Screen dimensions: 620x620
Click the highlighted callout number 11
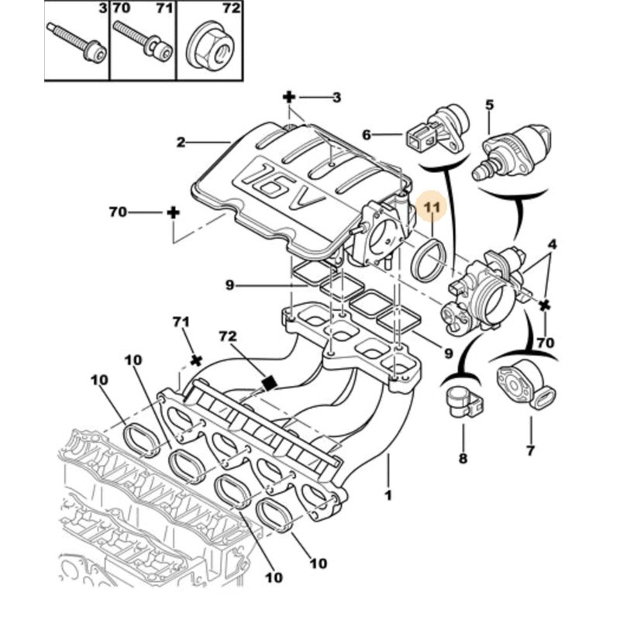coord(431,208)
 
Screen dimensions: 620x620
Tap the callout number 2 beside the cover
coord(181,143)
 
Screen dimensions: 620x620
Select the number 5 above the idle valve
coord(489,104)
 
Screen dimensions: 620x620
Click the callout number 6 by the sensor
coord(367,134)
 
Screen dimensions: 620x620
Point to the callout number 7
coord(530,449)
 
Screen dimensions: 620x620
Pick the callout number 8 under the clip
coord(463,459)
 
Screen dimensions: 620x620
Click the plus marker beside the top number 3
coord(289,97)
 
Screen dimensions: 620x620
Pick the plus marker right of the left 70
coord(174,212)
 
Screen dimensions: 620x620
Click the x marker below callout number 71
coord(196,360)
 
